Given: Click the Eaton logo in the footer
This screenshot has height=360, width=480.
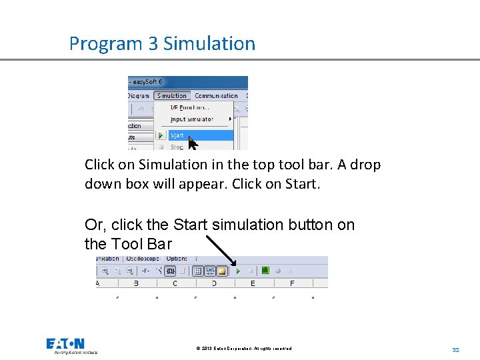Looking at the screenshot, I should tap(65, 344).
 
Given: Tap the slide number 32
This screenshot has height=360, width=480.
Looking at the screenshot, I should tap(456, 349).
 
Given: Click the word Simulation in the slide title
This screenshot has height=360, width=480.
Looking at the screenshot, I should tap(209, 44).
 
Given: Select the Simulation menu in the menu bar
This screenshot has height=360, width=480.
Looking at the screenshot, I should tap(172, 96).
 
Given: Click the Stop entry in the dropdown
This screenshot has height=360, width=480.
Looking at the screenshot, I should tap(177, 147).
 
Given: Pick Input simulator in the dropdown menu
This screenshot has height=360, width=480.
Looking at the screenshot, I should tap(192, 120).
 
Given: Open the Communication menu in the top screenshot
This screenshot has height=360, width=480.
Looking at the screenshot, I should tap(216, 96).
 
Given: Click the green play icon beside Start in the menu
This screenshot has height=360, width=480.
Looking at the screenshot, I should tap(161, 135).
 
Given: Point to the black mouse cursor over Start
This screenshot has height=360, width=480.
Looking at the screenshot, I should tap(193, 143).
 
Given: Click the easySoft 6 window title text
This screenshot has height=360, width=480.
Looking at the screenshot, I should tap(151, 82).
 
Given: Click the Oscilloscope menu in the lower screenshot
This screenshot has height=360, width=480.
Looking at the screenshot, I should tap(143, 259).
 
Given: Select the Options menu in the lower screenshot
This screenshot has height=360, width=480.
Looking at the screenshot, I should tap(177, 259).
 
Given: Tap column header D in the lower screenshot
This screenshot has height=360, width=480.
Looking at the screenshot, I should tap(214, 283).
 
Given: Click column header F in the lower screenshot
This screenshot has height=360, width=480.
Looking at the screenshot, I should tap(292, 283).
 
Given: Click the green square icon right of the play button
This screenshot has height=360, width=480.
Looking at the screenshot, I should tap(265, 271).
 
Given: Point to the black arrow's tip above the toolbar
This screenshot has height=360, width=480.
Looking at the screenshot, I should tap(236, 265).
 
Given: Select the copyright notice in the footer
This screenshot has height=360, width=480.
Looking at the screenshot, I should tap(244, 349).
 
